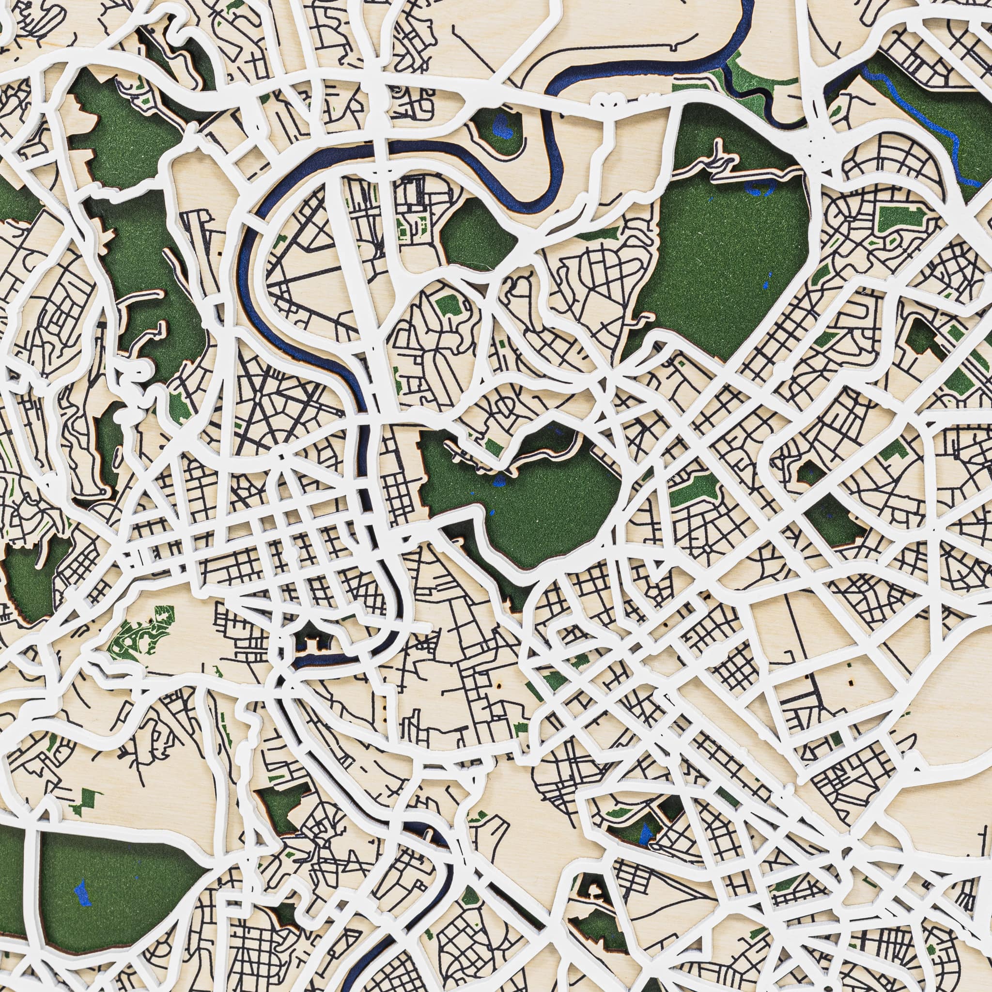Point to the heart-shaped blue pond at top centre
click(x=499, y=124)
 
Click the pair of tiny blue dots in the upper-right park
click(x=768, y=280)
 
